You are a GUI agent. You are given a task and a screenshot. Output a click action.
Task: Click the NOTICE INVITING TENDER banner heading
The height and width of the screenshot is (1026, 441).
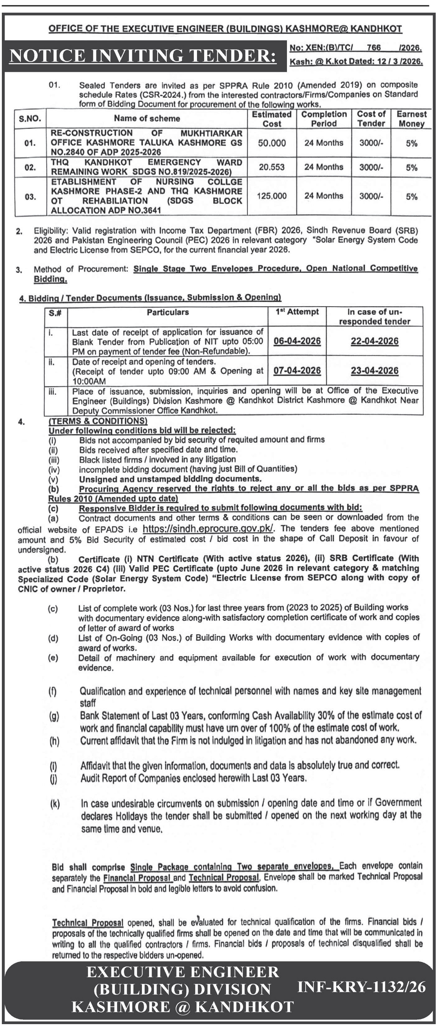143,55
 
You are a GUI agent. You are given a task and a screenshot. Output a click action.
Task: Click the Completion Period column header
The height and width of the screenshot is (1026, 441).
324,119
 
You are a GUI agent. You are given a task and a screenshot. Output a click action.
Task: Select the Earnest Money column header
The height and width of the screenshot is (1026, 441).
411,119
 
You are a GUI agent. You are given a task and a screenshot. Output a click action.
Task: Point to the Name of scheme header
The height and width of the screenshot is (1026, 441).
147,118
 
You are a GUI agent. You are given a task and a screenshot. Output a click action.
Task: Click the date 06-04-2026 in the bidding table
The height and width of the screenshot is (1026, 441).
297,341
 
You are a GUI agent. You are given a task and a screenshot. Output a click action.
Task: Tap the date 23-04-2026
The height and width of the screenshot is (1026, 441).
374,371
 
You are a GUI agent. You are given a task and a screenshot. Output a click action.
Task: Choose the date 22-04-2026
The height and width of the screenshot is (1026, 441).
374,341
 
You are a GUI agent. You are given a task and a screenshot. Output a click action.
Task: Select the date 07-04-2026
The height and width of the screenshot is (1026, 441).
297,371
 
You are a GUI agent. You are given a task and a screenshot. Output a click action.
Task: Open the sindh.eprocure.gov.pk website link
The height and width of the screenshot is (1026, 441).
208,528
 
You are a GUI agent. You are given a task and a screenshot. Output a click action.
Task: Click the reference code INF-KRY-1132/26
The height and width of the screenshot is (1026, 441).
361,987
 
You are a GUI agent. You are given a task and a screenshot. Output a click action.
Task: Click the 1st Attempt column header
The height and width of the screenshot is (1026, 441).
297,312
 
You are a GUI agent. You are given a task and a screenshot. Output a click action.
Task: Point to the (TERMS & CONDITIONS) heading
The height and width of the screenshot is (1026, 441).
98,421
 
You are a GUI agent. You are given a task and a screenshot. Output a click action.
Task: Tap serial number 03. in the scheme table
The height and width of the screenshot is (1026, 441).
30,197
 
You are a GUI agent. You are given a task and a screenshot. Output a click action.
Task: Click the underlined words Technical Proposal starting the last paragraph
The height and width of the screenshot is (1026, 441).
87,922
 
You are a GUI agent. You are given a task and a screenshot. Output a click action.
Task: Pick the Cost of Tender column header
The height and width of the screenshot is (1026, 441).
371,119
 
